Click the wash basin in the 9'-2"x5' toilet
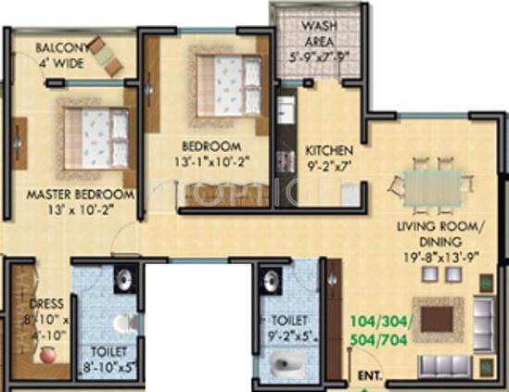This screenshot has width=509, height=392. tap(272, 282)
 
